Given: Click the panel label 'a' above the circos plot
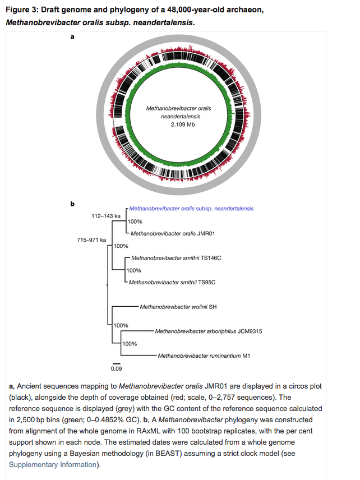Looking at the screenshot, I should coord(72,38).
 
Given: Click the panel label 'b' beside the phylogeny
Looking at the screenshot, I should coord(72,204).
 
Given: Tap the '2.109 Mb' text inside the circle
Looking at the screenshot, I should coord(179,124).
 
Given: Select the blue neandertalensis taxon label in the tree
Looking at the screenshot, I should coord(191,209).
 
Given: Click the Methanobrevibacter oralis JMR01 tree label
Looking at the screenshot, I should coord(165,234).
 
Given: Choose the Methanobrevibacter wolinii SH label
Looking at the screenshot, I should coord(178,307).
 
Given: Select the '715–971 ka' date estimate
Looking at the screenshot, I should coord(91,240).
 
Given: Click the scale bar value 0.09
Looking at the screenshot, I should coord(116,369).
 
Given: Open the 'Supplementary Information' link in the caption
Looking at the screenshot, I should coord(53,465).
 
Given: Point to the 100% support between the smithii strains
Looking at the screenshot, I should coord(135,270).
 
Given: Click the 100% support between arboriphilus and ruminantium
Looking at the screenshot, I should coord(130,344).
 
